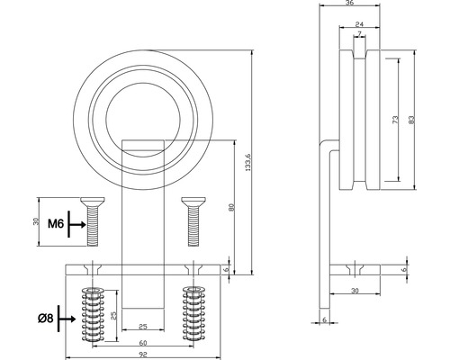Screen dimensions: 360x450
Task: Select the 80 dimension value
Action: coord(233,209)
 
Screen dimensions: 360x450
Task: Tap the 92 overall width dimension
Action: coord(144,355)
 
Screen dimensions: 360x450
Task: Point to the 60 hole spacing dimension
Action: coord(144,342)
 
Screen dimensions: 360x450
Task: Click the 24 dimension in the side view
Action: coord(360,26)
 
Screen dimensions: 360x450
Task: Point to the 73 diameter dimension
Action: coord(395,121)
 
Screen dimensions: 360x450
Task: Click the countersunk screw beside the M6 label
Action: coord(89,221)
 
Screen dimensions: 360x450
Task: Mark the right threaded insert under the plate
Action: coord(192,315)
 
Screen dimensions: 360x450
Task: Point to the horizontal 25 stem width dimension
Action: coord(142,327)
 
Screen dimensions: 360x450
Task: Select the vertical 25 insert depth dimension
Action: coord(113,317)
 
